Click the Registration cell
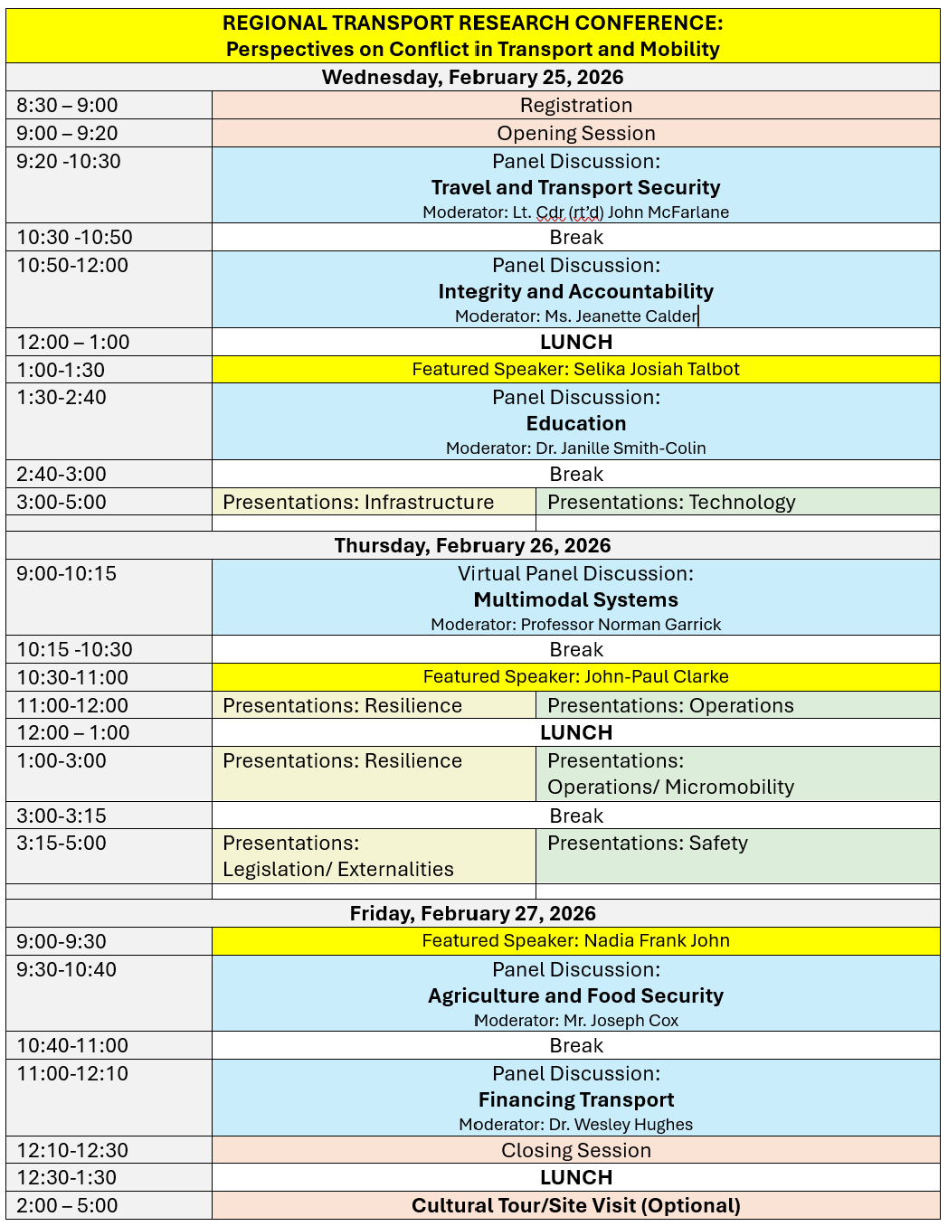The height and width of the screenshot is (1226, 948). coord(575,106)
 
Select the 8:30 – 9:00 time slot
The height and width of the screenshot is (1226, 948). coord(67,106)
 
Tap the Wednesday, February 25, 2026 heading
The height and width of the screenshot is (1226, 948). coord(472,77)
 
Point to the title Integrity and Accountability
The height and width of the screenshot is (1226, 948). coord(575,291)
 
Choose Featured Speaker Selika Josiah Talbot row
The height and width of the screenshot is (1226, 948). coord(575,369)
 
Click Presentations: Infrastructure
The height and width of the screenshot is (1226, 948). coord(358,502)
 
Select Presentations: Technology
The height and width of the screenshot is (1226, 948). coord(671,502)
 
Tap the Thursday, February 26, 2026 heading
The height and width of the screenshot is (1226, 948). coord(472,545)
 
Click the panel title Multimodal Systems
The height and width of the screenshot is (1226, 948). coord(575,599)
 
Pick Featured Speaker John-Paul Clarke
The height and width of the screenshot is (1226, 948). coord(575,676)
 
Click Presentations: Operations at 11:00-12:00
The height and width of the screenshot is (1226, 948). coord(670,705)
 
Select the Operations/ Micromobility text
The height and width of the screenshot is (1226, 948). coord(670,787)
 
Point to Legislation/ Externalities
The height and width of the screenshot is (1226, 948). coord(338,869)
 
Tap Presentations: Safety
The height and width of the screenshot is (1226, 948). coord(648,843)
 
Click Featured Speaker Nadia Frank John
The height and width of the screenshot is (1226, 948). coord(575,940)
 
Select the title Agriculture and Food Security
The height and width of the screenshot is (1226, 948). coord(575,995)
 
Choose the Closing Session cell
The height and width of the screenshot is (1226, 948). coord(575,1150)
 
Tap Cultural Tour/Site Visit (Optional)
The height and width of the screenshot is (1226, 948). coord(575,1205)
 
